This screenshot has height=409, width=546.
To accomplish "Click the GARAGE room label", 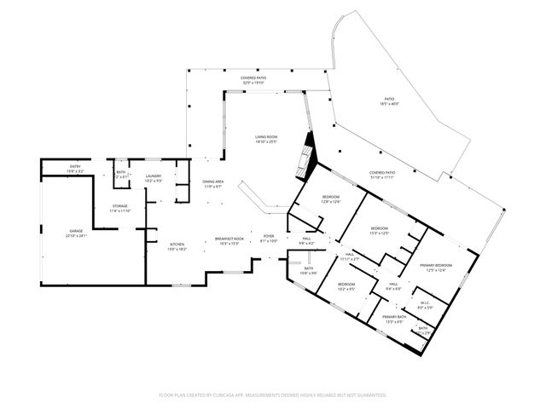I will click(x=76, y=233).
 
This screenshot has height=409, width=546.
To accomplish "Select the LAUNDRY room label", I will click(x=154, y=178).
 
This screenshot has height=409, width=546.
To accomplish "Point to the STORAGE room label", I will click(x=120, y=208).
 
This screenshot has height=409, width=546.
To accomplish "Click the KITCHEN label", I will click(x=177, y=245).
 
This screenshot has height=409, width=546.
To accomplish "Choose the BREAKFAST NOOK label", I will click(x=229, y=240).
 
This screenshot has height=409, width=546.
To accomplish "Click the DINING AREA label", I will click(x=212, y=183).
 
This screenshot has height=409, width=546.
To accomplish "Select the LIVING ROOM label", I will click(x=266, y=139).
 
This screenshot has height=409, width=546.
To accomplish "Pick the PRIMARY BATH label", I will click(x=393, y=319).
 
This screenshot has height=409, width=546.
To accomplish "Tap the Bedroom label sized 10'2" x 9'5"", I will click(x=346, y=286).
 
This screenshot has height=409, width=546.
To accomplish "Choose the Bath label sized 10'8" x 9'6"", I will click(x=308, y=271).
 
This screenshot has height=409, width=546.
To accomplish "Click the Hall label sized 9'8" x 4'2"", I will click(x=306, y=241).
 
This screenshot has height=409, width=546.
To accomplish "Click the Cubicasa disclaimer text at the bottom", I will click(x=273, y=395).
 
